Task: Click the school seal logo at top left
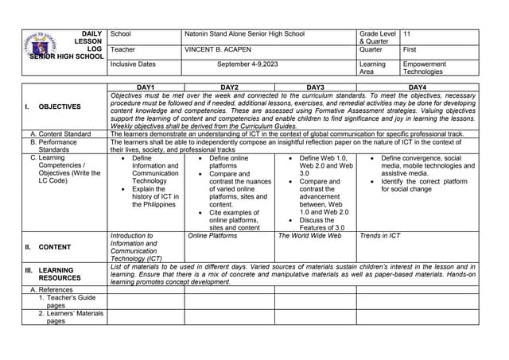(40, 44)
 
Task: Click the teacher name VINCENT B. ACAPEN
(217, 49)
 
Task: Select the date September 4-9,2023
(247, 64)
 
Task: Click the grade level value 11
(407, 34)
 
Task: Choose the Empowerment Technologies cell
(425, 68)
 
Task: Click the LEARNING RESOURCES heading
(60, 274)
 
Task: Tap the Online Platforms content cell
(212, 236)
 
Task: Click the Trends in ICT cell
(380, 236)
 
